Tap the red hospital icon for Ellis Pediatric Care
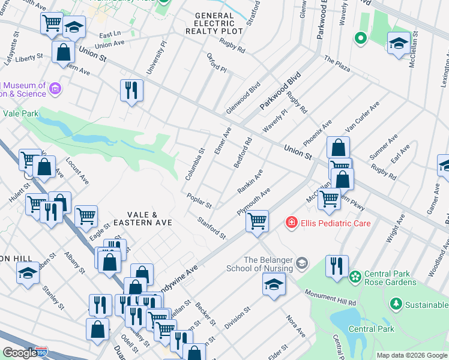tap(292, 223)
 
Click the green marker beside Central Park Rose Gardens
tap(355, 277)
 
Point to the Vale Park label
tap(20, 113)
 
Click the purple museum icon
tap(55, 89)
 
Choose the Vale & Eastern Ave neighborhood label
tap(149, 218)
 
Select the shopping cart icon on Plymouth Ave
tap(257, 220)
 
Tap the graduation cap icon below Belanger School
tap(274, 284)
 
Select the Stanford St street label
tap(212, 227)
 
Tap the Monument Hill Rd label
tap(330, 295)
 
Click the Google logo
tap(19, 353)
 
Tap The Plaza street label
tap(337, 63)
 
